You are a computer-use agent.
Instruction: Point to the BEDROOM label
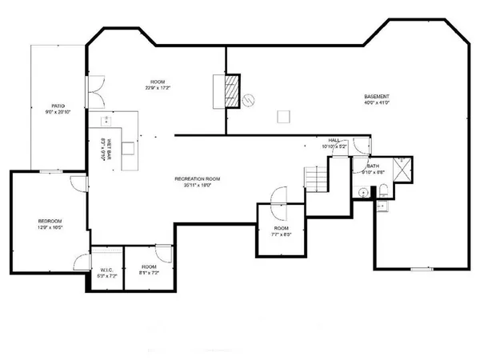pos(50,221)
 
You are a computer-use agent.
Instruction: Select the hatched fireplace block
pos(232,90)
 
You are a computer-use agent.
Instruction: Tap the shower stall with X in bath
pos(405,167)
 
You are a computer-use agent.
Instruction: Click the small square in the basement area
pos(282,118)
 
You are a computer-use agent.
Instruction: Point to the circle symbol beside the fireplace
pos(248,99)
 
